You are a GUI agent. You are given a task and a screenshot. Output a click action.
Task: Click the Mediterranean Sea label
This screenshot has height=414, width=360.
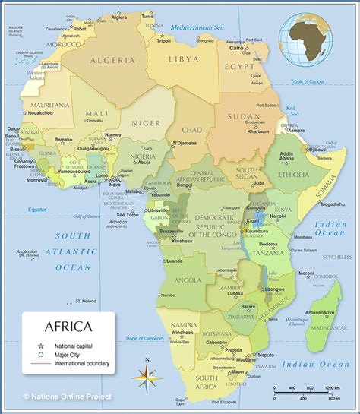[x=197, y=27]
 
